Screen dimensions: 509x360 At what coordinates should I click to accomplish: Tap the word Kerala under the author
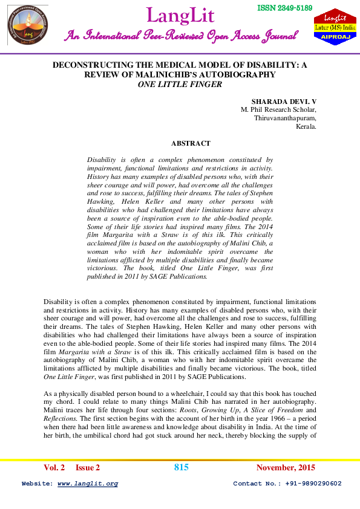[x=306, y=128]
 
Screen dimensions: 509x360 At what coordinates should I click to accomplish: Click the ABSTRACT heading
[x=191, y=144]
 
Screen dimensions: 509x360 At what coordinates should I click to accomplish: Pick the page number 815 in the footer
[x=182, y=467]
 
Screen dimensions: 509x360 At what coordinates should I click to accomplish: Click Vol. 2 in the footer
[x=54, y=468]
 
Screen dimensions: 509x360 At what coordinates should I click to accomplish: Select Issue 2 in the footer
[x=88, y=468]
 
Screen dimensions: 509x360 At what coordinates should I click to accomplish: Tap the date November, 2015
[x=286, y=468]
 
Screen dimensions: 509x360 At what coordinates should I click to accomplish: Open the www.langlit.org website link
[x=88, y=484]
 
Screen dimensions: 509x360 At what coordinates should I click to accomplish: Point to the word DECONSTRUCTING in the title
[x=88, y=65]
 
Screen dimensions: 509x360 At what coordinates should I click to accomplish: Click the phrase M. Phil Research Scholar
[x=278, y=110]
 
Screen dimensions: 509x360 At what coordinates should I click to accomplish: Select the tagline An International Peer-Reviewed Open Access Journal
[x=181, y=36]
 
